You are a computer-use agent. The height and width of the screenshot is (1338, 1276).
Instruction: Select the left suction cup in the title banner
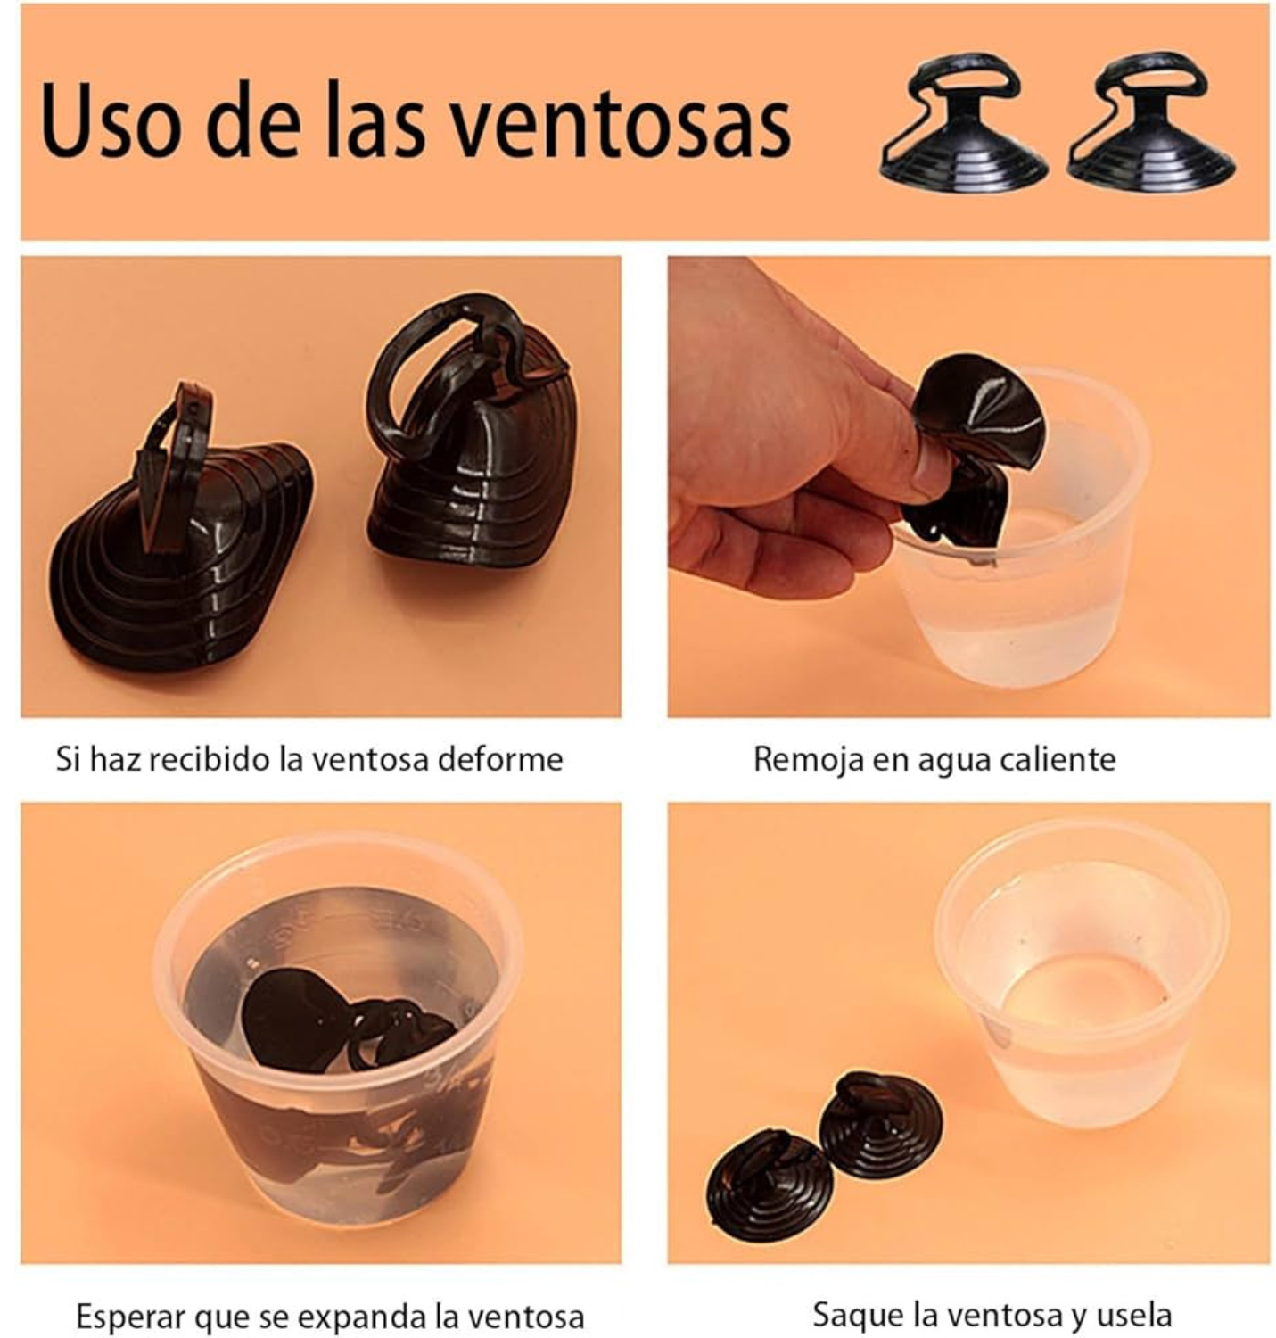(963, 122)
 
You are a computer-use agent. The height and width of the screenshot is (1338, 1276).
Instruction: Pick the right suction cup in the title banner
(1151, 121)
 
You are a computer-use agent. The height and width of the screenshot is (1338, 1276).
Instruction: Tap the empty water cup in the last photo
(1082, 980)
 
